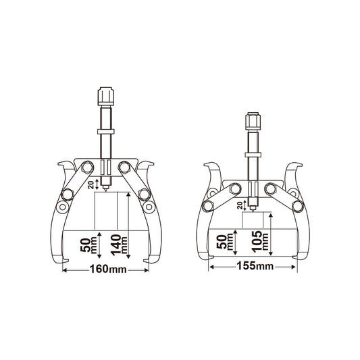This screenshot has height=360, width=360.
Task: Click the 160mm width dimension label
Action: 107,269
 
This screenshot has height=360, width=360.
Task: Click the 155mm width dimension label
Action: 255,266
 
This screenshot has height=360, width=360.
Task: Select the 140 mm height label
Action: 119,245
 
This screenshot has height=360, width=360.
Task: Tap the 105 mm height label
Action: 260,242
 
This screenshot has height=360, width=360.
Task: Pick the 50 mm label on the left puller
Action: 88,245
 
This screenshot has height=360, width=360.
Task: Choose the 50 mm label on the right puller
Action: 224,242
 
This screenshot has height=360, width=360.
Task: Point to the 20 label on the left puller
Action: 91,185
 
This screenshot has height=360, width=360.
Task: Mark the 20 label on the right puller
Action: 240,206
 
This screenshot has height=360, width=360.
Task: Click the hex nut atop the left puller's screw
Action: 106,96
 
